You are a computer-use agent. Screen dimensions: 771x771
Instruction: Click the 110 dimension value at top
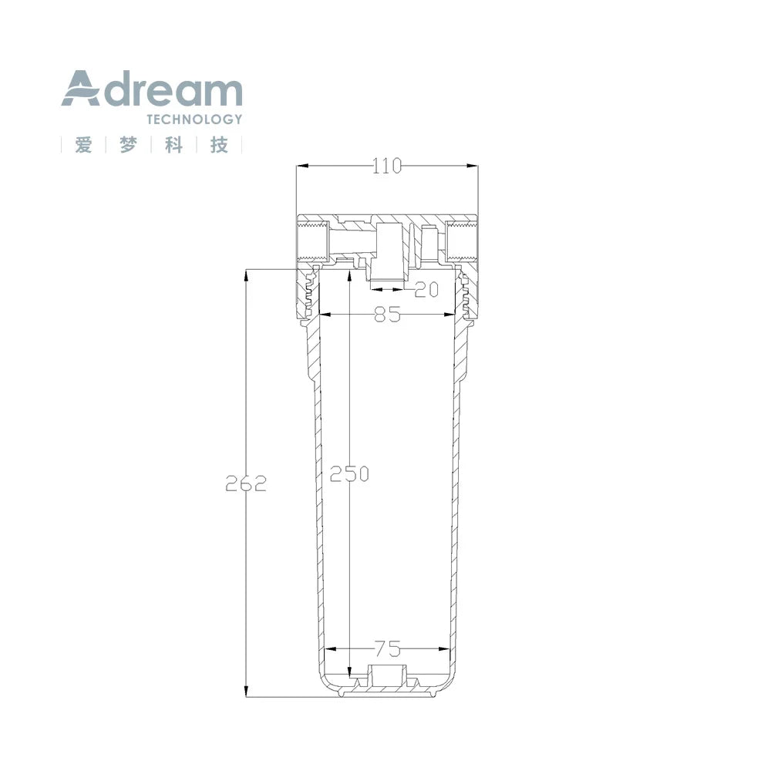387,167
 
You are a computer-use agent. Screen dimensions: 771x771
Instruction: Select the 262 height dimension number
246,484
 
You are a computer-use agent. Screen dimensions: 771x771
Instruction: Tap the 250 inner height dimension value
349,474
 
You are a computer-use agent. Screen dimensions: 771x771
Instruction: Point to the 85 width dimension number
388,315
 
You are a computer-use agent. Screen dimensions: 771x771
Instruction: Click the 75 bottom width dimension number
388,649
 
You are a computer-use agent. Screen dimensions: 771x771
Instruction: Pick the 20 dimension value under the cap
426,289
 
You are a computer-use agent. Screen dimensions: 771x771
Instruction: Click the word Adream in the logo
151,89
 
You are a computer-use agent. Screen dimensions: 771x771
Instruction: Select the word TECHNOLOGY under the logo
195,119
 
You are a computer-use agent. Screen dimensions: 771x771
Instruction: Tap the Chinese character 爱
83,145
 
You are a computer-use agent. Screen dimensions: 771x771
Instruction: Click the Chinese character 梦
128,145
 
